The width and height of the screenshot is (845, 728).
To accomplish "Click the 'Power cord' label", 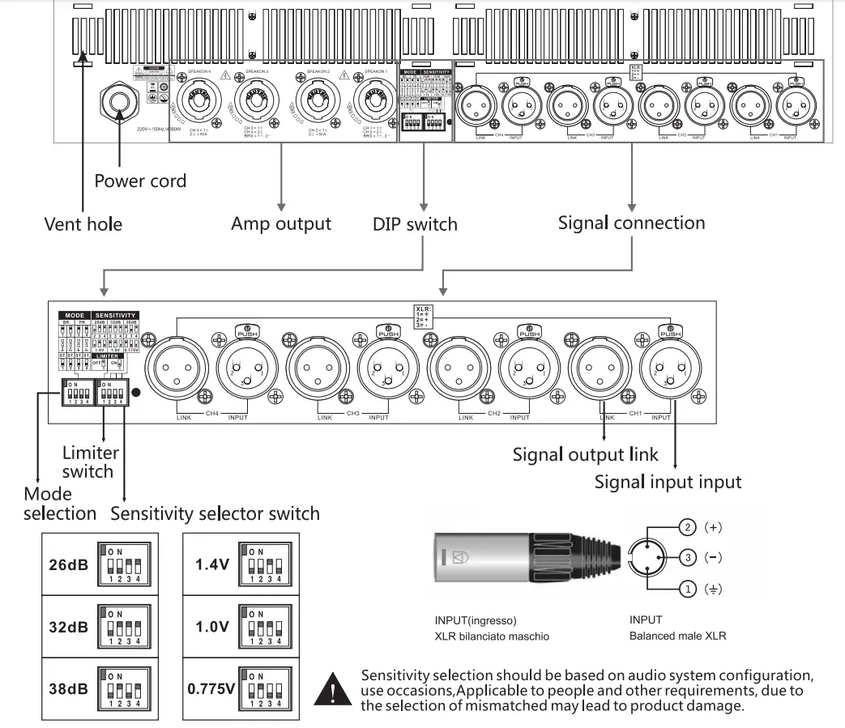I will (140, 180).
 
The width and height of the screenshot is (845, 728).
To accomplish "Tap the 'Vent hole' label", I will (83, 224).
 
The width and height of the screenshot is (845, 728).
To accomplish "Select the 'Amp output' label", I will (280, 224).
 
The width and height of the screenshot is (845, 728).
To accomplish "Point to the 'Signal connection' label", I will (631, 222).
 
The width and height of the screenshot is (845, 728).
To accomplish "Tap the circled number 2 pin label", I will (689, 528).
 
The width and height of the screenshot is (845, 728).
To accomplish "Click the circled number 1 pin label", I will (689, 589).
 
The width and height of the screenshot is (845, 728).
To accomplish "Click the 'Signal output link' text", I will (586, 453).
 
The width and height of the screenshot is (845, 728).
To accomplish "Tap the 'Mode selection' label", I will (59, 503).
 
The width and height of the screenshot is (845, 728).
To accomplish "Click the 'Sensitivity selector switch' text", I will (215, 513).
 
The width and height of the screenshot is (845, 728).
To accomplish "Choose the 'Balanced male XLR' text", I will (677, 636).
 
